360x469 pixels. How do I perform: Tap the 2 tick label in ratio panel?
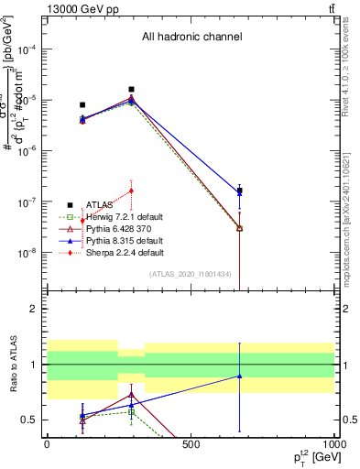click(34, 310)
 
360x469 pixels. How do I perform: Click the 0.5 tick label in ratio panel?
click(28, 420)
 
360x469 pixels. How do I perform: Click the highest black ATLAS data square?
click(132, 90)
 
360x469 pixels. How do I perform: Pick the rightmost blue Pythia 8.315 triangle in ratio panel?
click(240, 376)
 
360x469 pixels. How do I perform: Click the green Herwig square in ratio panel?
click(132, 412)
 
